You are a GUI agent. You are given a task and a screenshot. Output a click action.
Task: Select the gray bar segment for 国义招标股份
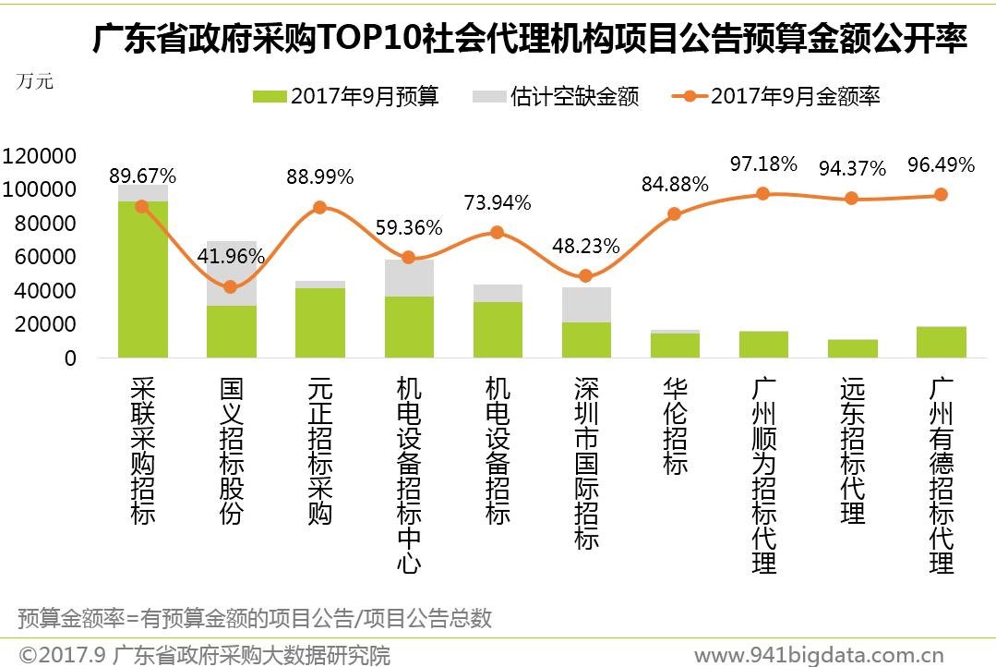click(x=232, y=273)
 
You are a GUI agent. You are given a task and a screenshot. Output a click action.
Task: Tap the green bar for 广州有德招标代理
click(x=941, y=342)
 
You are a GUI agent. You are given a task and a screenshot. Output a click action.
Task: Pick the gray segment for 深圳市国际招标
click(x=586, y=305)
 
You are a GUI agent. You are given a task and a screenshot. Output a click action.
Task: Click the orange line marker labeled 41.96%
click(x=231, y=287)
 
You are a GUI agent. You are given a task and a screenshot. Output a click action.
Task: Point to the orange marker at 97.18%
click(x=762, y=194)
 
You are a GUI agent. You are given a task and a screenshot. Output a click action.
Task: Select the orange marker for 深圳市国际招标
click(x=585, y=276)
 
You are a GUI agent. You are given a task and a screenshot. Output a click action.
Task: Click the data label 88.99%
click(x=320, y=177)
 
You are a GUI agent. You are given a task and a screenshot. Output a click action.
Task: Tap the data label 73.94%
click(x=498, y=203)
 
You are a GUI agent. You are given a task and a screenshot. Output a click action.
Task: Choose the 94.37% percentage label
click(x=852, y=168)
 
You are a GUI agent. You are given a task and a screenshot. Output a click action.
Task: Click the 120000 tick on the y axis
click(x=39, y=155)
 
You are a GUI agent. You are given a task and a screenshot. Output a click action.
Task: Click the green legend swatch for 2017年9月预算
click(x=269, y=96)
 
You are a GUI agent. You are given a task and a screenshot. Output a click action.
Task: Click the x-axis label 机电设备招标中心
click(x=409, y=474)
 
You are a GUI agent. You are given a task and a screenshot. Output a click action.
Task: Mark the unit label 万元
click(x=35, y=80)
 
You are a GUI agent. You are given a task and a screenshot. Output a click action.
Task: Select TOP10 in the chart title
click(x=368, y=40)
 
